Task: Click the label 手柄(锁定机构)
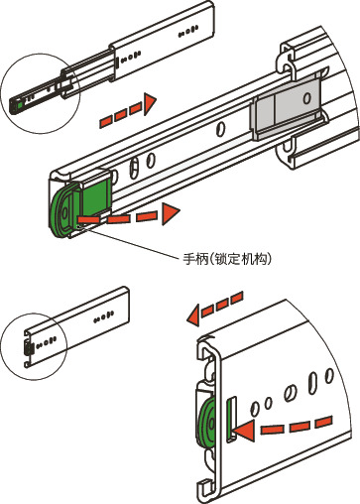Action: [227, 259]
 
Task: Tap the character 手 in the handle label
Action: [188, 259]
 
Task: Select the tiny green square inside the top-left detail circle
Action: [21, 105]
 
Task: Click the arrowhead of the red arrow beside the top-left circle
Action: [150, 104]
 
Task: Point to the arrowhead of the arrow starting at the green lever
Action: [171, 213]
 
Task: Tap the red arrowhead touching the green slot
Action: [245, 431]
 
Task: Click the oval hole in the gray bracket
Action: [306, 98]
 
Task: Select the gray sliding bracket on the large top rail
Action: [287, 107]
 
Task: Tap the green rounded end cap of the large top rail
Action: [60, 211]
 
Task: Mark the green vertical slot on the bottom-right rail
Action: [230, 419]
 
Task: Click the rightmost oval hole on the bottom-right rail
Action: [329, 376]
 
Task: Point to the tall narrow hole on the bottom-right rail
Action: [312, 383]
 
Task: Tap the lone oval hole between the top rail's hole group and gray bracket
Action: [220, 129]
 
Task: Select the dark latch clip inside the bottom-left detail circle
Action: [28, 348]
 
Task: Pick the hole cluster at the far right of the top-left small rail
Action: [188, 31]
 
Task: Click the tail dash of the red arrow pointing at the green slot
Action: [324, 423]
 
